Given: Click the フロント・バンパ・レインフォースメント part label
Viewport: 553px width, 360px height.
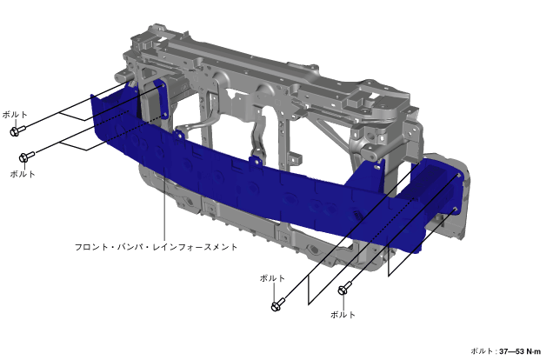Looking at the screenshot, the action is (x=156, y=247).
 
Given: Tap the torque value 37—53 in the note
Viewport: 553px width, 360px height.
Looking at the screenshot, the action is (x=511, y=351).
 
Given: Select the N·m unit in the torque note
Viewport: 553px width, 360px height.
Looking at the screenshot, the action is (x=533, y=351).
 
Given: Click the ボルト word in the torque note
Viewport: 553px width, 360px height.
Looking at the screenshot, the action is (x=482, y=351).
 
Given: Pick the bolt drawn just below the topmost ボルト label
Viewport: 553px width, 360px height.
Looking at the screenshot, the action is (x=17, y=130).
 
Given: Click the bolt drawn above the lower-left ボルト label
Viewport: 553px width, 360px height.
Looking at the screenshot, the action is (x=27, y=157).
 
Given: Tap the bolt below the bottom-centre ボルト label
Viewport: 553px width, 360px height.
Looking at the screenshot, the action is (x=278, y=304).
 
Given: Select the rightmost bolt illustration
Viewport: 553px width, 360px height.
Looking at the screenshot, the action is (x=344, y=288).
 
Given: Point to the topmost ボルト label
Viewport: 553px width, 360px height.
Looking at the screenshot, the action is (x=15, y=115).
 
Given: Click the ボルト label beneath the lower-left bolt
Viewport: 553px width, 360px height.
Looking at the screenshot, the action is (x=23, y=174).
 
